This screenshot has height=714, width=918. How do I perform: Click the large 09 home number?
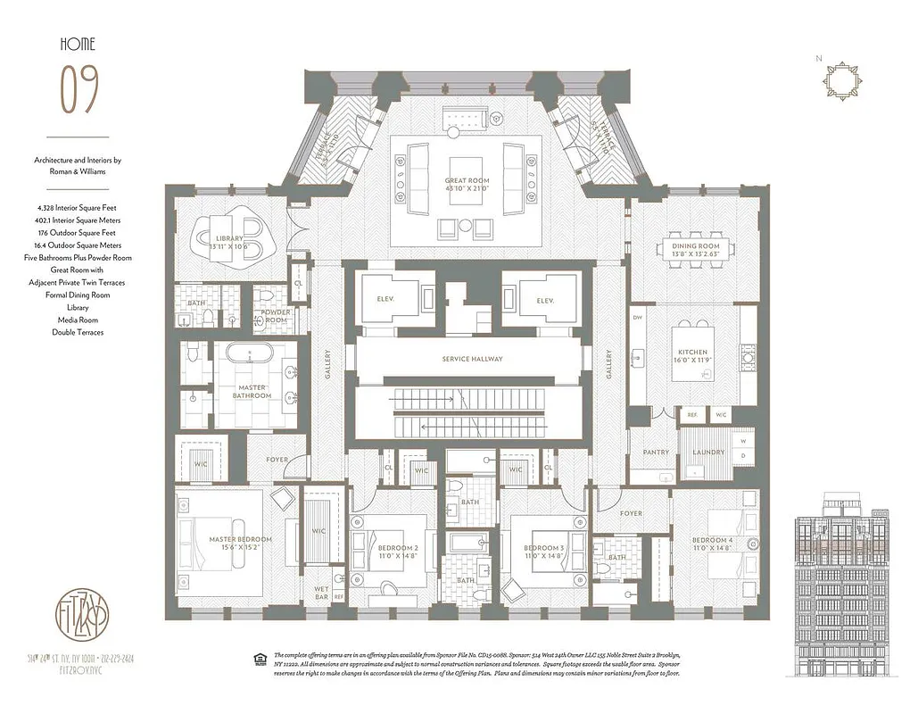pyautogui.click(x=79, y=90)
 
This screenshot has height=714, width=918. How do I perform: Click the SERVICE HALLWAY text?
pyautogui.click(x=472, y=359)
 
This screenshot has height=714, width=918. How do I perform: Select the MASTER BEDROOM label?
pyautogui.click(x=240, y=539)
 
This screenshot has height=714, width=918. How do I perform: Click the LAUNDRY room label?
pyautogui.click(x=708, y=452)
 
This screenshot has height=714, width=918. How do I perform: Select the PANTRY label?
pyautogui.click(x=656, y=452)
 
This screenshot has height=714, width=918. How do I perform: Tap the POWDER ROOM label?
pyautogui.click(x=276, y=317)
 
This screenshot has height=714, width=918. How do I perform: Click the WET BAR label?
pyautogui.click(x=320, y=593)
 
